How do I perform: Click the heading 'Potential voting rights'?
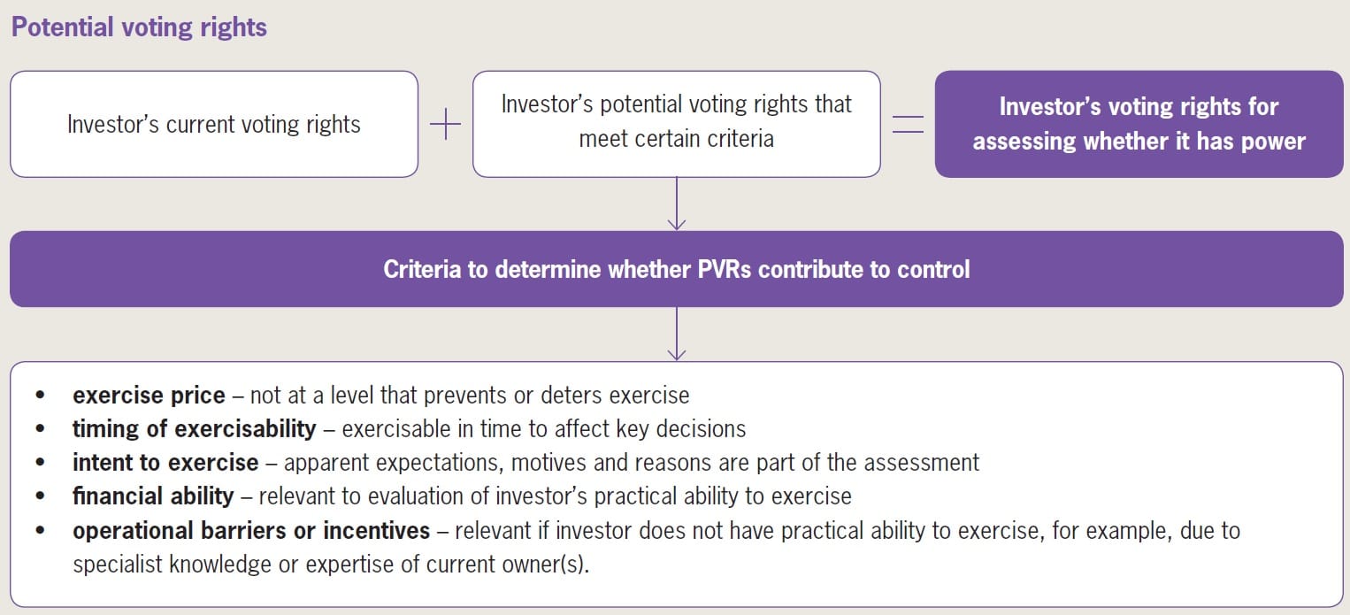139,27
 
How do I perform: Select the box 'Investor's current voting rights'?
213,124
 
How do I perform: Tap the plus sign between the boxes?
445,125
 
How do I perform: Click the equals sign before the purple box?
907,125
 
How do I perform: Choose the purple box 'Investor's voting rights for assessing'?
1139,124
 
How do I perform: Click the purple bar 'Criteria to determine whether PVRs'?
676,269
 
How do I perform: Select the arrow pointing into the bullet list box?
677,350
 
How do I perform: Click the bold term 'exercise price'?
149,395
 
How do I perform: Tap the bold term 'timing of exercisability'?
194,429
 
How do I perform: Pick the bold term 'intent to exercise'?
165,463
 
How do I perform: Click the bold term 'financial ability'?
153,496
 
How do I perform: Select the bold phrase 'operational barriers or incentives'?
251,531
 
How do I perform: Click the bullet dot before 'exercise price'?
40,396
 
